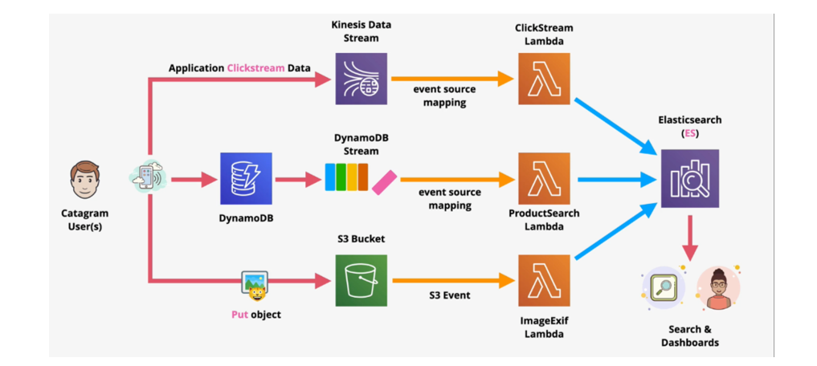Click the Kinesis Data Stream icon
click(x=361, y=79)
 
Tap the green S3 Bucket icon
click(x=361, y=280)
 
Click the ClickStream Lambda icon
click(x=544, y=79)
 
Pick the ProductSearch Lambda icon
click(x=544, y=178)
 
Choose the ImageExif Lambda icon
click(x=544, y=280)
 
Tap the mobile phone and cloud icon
click(x=149, y=177)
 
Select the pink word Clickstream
click(x=255, y=68)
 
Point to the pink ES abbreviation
click(x=690, y=133)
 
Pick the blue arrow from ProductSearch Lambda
click(x=615, y=179)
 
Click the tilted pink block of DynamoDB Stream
click(x=382, y=181)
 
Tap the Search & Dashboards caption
click(x=689, y=335)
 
